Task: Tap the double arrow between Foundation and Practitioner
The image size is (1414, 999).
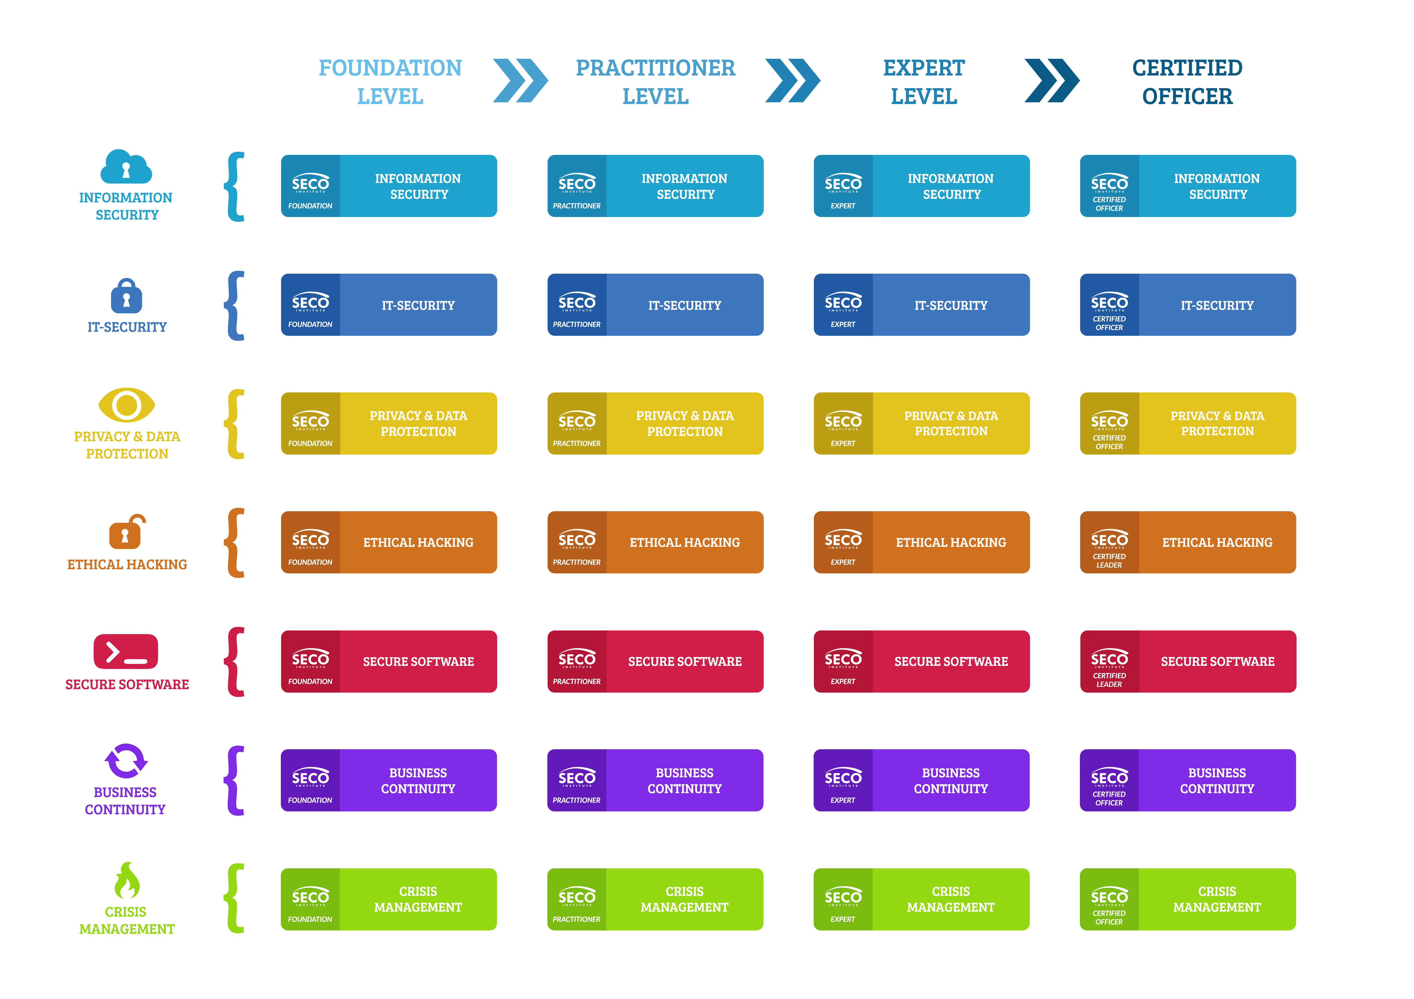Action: point(520,81)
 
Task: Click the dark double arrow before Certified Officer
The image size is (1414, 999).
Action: point(1052,81)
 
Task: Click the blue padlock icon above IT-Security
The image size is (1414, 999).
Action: point(126,296)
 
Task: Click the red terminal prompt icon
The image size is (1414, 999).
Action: point(126,652)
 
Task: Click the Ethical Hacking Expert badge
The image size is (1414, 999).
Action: point(921,542)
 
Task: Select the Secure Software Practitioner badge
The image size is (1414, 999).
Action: point(655,661)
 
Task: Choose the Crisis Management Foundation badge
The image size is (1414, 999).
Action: point(389,899)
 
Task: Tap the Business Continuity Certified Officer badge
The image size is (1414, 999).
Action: point(1188,780)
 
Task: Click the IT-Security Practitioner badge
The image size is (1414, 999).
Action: point(655,304)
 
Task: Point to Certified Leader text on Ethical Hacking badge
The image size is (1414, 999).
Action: point(1109,561)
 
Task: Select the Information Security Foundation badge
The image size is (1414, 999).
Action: point(389,185)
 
